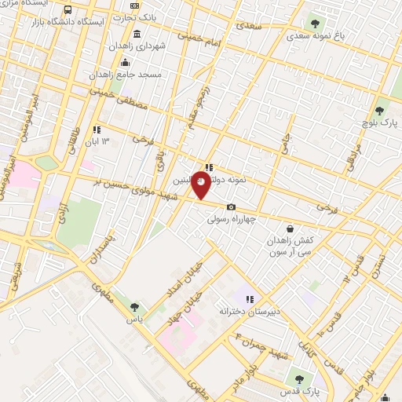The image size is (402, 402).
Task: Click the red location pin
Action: coord(201,185)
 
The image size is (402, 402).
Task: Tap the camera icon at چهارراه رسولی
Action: coord(230,207)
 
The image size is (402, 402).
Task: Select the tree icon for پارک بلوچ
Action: coord(379,111)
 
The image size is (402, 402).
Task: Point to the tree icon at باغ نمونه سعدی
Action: coord(316,24)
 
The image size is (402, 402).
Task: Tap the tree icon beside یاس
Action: coord(134,308)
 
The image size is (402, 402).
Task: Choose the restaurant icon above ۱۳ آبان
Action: coord(97,130)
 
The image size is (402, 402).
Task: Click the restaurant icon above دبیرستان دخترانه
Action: coord(249,299)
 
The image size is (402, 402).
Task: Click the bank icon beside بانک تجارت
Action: coord(134,6)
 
